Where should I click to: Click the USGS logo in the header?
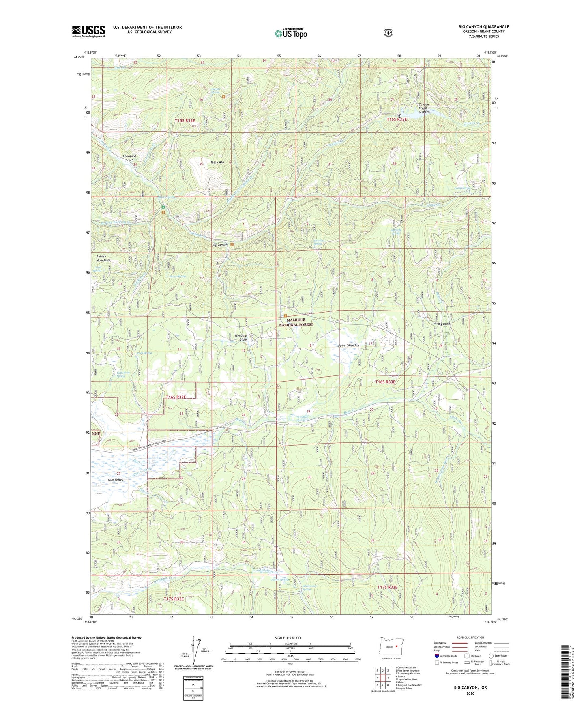click(x=88, y=31)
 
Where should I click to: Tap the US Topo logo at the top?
click(x=290, y=33)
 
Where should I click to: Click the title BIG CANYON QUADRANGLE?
click(x=483, y=27)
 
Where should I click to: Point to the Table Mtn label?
click(x=217, y=163)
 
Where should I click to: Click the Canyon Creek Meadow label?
click(x=424, y=108)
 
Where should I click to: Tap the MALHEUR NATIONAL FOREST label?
click(x=297, y=322)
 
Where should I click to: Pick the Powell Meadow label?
click(x=349, y=345)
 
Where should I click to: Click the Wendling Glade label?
click(x=241, y=337)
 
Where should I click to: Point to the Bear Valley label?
click(x=116, y=480)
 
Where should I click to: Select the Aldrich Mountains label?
click(x=103, y=258)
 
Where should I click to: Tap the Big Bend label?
click(x=444, y=324)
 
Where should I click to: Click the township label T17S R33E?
click(x=387, y=587)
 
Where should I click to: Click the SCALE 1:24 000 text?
click(x=288, y=638)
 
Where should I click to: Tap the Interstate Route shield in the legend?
click(x=436, y=656)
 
